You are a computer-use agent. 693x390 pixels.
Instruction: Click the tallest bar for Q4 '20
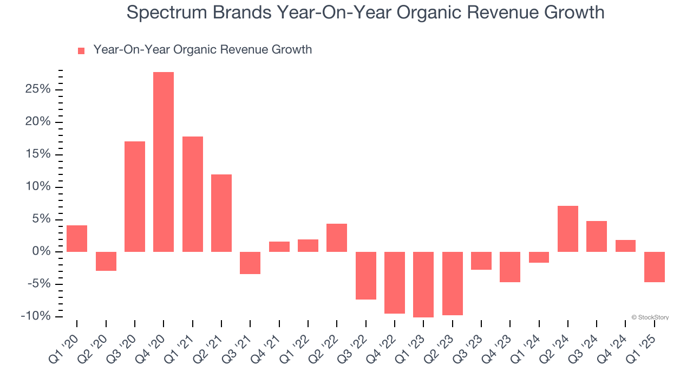point(164,161)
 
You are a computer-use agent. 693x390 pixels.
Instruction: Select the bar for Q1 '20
point(77,238)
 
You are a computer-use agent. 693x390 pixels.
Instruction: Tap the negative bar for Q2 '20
point(106,261)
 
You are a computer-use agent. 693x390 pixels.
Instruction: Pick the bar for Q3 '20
point(135,196)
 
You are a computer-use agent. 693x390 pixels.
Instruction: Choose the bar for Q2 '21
point(221,213)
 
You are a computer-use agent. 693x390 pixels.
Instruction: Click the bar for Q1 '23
point(423,284)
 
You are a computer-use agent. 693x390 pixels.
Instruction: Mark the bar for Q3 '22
point(366,275)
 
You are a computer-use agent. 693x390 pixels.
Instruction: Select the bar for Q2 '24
point(568,229)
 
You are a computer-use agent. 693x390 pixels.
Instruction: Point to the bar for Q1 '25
point(655,266)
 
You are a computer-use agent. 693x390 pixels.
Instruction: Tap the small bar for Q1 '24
point(539,257)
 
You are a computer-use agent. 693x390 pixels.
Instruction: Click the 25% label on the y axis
point(38,89)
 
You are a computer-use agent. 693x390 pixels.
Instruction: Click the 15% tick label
point(38,154)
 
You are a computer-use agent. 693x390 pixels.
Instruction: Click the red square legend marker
point(81,51)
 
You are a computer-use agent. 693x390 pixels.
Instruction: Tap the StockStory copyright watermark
point(650,317)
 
